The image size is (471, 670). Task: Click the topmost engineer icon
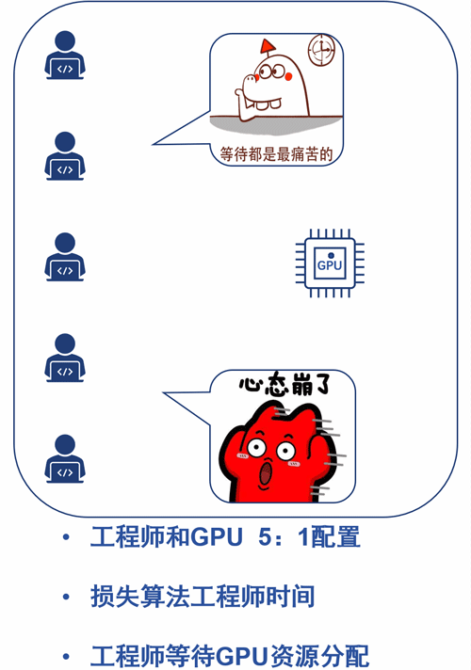(65, 55)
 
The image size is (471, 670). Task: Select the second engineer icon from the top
(65, 155)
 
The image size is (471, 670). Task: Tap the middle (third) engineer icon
(65, 256)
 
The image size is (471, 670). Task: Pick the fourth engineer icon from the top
(65, 358)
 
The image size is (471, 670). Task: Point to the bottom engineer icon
(65, 458)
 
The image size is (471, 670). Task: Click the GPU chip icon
(330, 263)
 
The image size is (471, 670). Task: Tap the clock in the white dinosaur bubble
(321, 50)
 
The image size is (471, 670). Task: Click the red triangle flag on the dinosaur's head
(268, 46)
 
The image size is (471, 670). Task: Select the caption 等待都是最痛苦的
(276, 153)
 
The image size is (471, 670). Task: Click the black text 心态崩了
(284, 385)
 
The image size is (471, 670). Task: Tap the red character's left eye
(256, 448)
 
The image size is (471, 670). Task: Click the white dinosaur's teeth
(268, 104)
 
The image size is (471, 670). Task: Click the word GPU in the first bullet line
(216, 537)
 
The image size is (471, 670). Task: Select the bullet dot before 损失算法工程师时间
(66, 596)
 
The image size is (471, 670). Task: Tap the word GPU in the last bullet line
(241, 656)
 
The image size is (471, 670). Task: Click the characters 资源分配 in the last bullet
(318, 656)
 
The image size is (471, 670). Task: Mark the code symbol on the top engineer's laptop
(65, 69)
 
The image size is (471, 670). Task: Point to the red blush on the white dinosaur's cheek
(288, 76)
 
